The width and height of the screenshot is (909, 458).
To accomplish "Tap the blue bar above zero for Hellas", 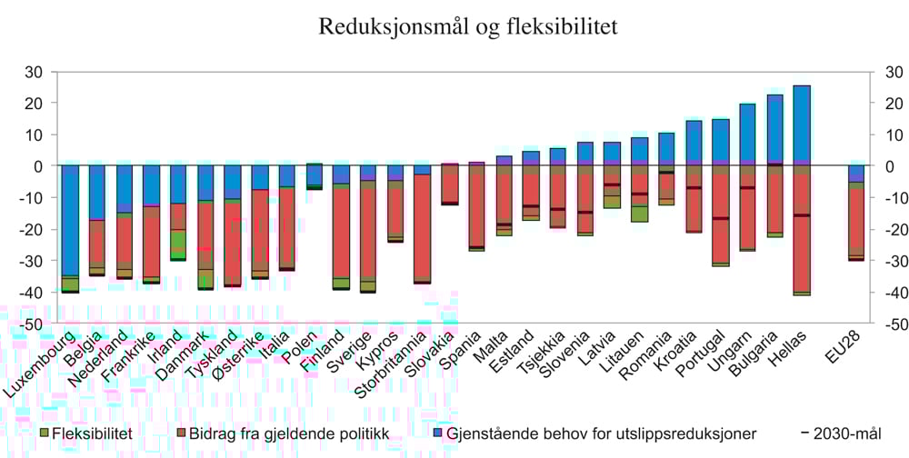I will [x=802, y=124].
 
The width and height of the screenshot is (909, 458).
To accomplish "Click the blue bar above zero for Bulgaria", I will [x=774, y=128].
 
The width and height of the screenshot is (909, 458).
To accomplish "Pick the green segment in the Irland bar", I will [x=177, y=244].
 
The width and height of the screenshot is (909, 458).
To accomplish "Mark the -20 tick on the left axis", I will [x=33, y=229].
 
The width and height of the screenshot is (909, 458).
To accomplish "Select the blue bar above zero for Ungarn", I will [x=747, y=134].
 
